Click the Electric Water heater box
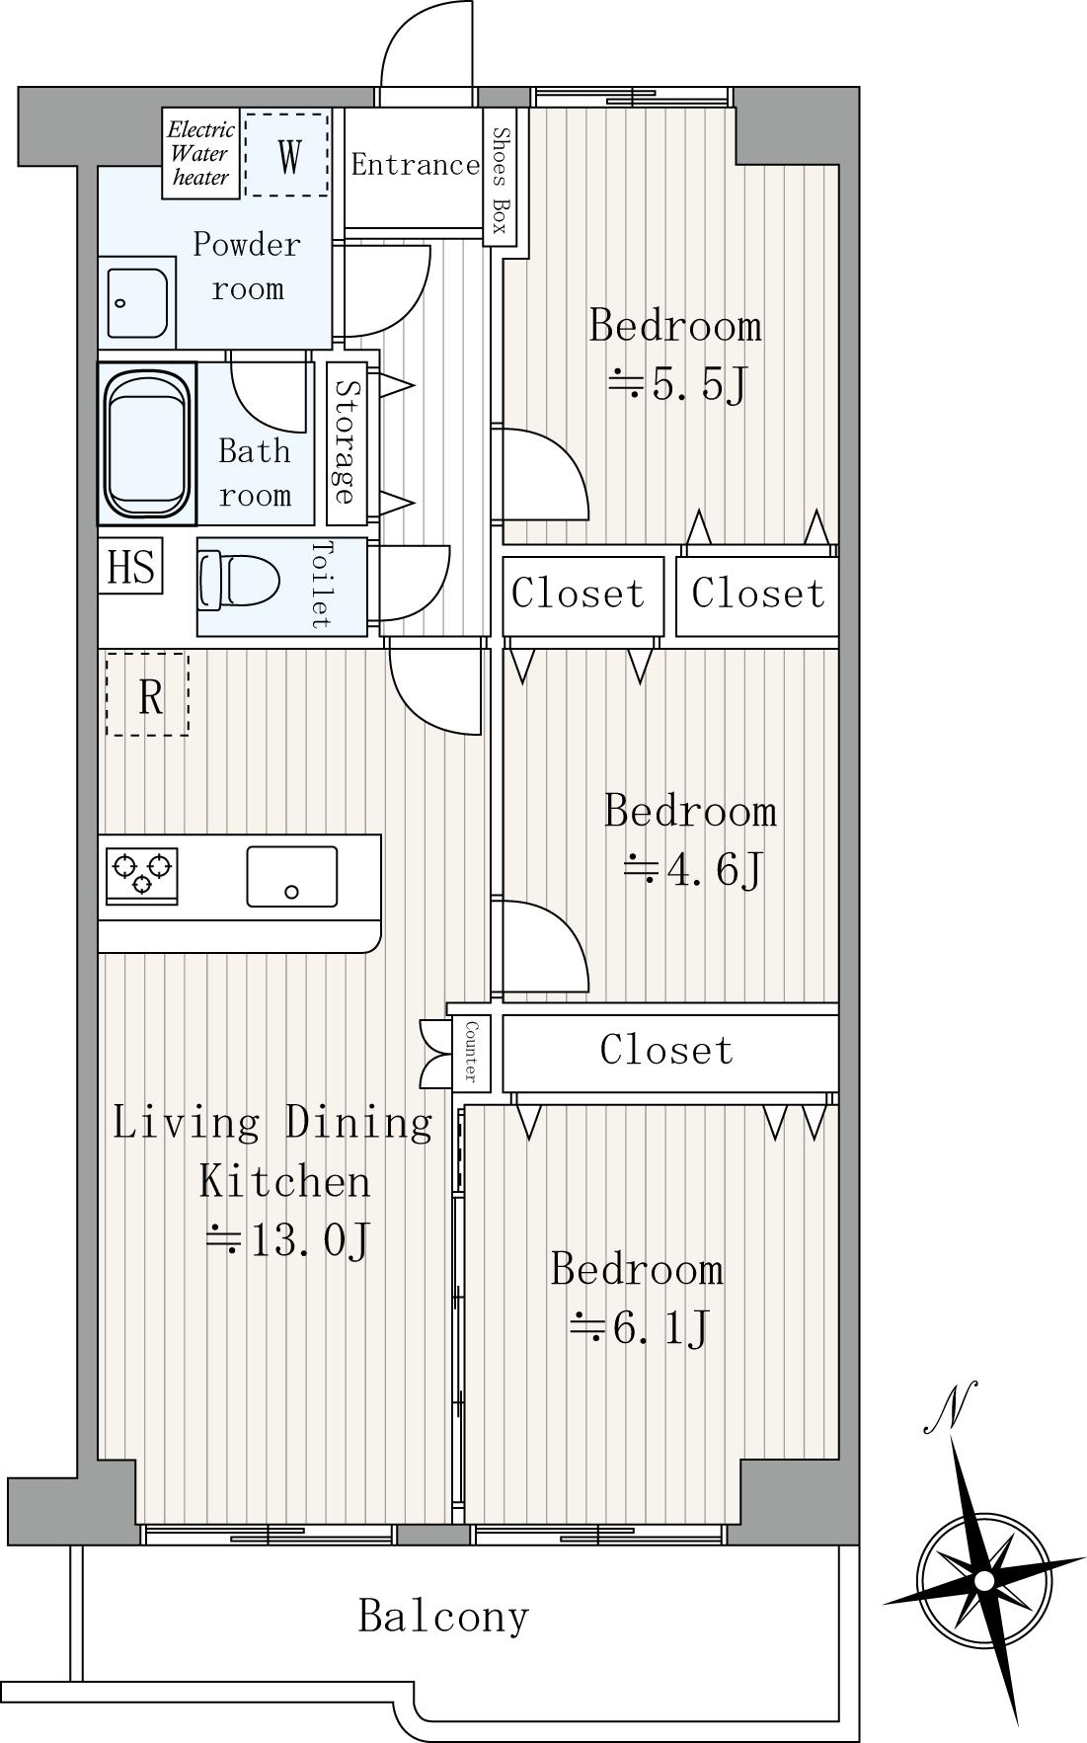201,153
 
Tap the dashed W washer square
286,155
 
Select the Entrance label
415,164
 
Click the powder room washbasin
137,301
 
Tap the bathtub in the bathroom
147,442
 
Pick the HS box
130,567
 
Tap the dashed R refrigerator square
147,694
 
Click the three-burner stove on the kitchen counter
142,875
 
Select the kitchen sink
291,876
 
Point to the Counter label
470,1049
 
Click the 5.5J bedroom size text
677,385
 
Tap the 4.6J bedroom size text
693,870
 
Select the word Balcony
444,1617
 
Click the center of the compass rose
983,1581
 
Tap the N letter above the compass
950,1406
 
